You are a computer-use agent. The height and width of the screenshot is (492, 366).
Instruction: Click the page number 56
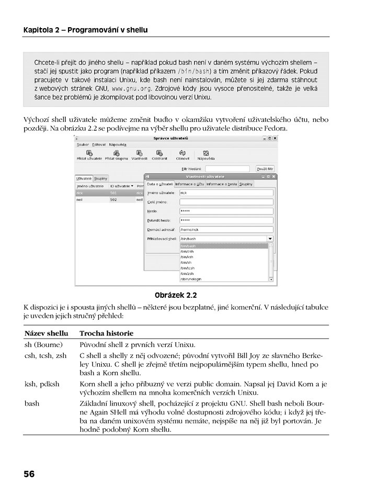click(29, 474)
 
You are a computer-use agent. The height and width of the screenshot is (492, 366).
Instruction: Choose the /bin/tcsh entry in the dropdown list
click(187, 267)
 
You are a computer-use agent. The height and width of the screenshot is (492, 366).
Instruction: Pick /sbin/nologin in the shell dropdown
click(191, 279)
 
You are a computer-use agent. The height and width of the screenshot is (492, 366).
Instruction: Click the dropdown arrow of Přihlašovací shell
click(270, 239)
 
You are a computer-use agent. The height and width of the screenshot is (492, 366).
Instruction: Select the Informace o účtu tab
click(190, 184)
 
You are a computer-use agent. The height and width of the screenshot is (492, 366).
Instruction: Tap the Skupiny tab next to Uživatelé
click(101, 178)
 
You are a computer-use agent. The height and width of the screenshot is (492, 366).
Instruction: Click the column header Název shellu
click(47, 333)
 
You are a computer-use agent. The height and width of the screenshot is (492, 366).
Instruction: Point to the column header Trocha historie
click(106, 333)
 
